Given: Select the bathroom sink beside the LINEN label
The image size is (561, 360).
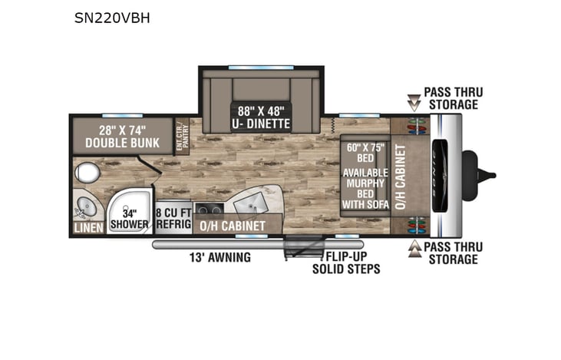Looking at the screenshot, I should tap(85, 206).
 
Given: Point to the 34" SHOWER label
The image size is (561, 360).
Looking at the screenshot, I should tap(129, 219).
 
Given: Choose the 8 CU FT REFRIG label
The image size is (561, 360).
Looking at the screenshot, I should tap(172, 218).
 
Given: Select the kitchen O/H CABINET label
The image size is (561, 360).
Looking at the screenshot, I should tap(232, 226).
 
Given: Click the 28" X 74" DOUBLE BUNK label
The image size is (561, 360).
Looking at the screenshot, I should tap(122, 136).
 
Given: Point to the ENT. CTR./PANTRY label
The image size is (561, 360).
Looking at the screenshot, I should tap(183, 137).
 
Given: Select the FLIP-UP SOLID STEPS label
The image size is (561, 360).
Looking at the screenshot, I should tap(345, 263).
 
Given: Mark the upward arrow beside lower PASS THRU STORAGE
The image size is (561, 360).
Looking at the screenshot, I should tap(413, 249).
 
